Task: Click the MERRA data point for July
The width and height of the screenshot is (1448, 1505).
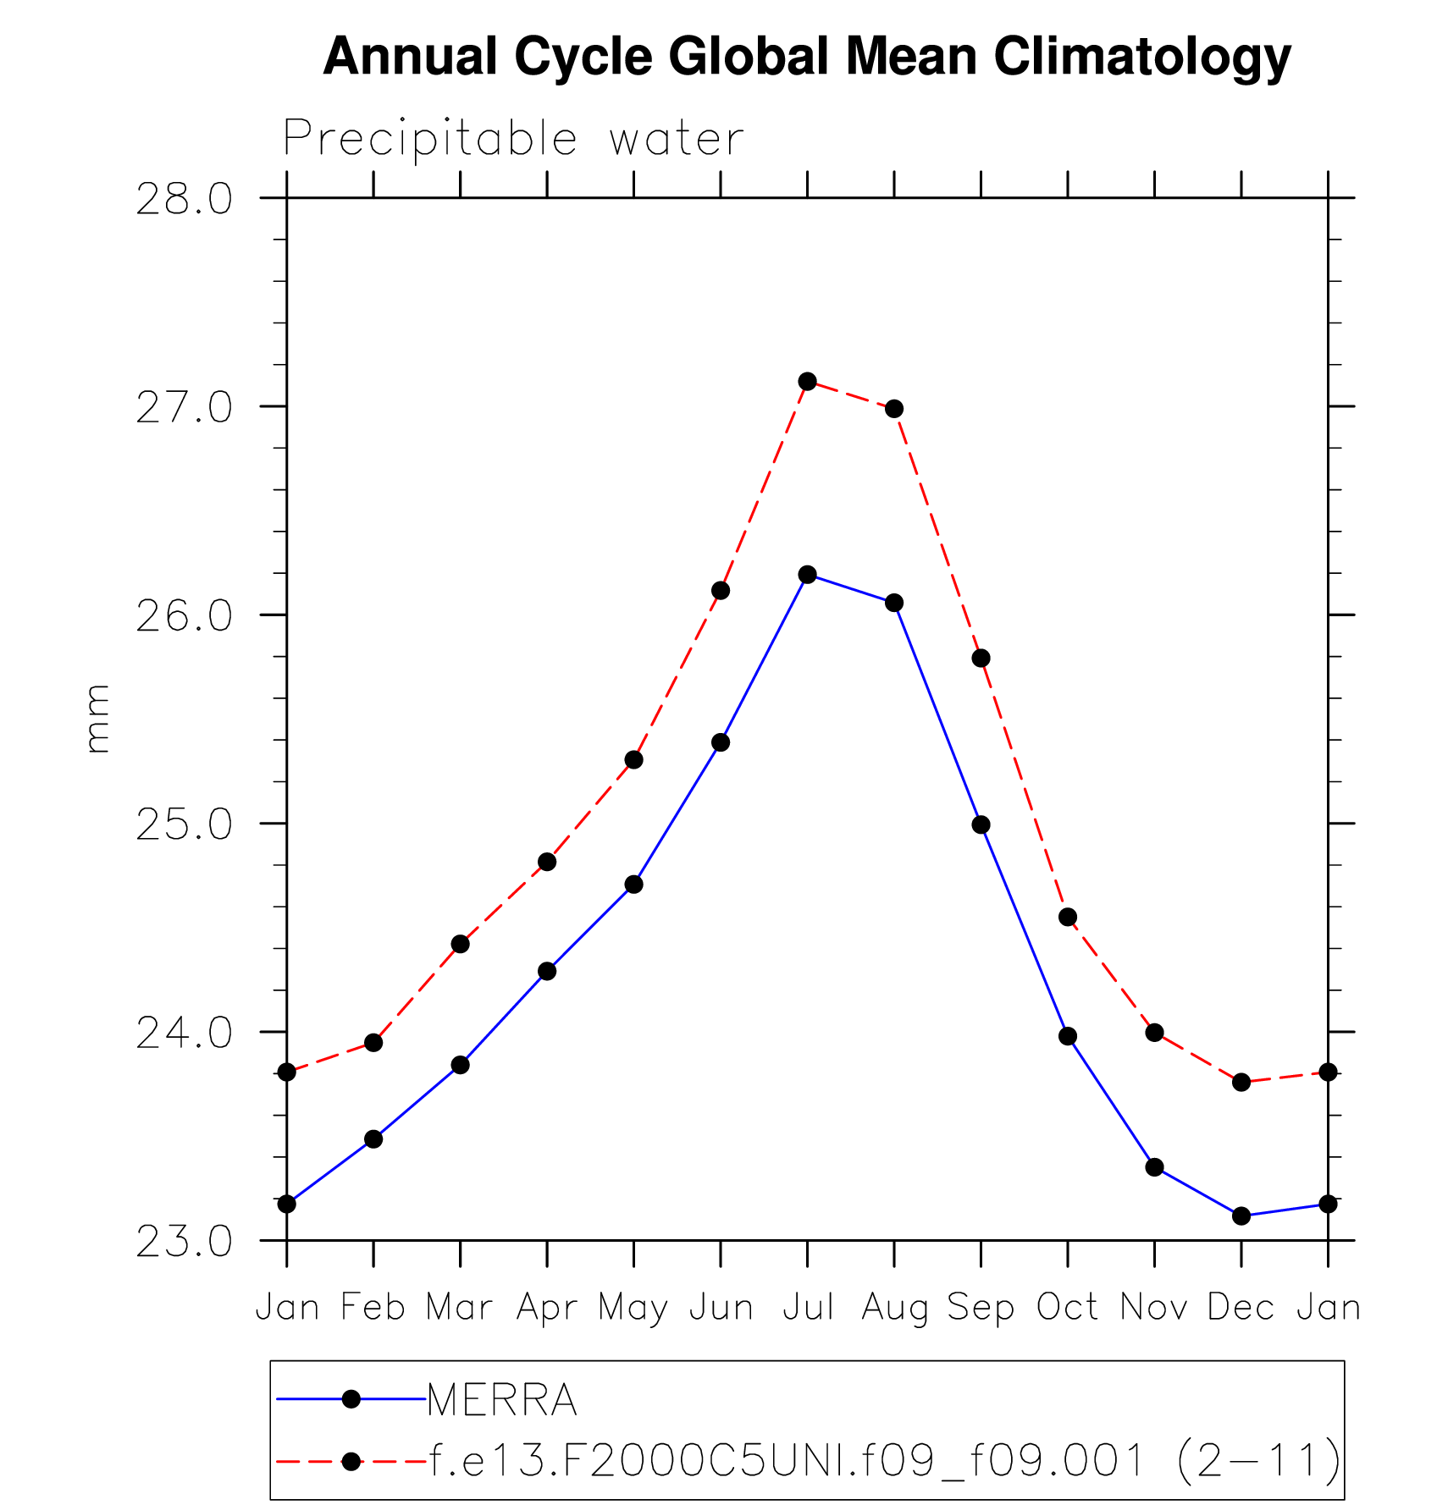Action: pyautogui.click(x=807, y=575)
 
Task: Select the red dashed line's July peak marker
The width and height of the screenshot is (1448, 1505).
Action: pyautogui.click(x=807, y=382)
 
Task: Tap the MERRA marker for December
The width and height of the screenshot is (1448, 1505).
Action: pyautogui.click(x=1241, y=1216)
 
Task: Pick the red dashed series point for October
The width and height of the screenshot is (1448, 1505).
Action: pyautogui.click(x=1068, y=917)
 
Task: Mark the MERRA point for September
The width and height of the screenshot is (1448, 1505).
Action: pyautogui.click(x=981, y=824)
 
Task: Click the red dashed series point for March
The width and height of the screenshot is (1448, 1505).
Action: pyautogui.click(x=460, y=944)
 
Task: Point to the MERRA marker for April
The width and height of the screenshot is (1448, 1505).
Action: pyautogui.click(x=547, y=971)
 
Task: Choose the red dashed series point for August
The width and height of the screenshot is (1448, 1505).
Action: pyautogui.click(x=894, y=409)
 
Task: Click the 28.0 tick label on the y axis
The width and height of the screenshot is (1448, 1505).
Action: pyautogui.click(x=184, y=200)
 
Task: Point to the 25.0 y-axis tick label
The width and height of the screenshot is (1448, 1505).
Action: pyautogui.click(x=184, y=824)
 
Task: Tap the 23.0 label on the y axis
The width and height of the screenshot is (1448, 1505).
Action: pyautogui.click(x=184, y=1242)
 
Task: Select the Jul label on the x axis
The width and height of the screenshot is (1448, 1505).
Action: pyautogui.click(x=807, y=1308)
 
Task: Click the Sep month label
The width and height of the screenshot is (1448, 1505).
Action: pyautogui.click(x=981, y=1308)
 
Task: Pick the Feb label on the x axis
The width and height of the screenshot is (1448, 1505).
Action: pyautogui.click(x=373, y=1308)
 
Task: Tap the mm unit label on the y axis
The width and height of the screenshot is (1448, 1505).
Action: pyautogui.click(x=97, y=719)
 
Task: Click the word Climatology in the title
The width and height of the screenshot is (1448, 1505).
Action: pyautogui.click(x=1141, y=57)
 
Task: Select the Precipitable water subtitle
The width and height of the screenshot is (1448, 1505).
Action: pyautogui.click(x=513, y=138)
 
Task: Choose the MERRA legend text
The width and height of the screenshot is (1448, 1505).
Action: pyautogui.click(x=502, y=1399)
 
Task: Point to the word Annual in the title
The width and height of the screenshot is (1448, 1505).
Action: pyautogui.click(x=410, y=57)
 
